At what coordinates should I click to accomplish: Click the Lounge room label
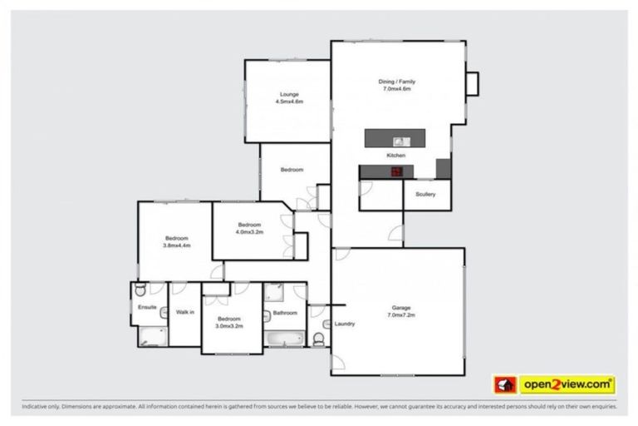click(x=289, y=98)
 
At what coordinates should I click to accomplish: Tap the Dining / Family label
click(x=397, y=85)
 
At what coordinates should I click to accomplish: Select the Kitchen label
click(x=395, y=156)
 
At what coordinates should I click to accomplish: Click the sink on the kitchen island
click(x=398, y=141)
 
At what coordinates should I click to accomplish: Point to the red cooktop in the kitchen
click(x=396, y=171)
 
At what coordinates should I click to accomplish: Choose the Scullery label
click(x=425, y=196)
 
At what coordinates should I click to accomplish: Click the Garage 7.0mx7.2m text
click(x=401, y=311)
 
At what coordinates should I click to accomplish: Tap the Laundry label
click(x=345, y=324)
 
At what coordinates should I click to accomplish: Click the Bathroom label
click(x=285, y=314)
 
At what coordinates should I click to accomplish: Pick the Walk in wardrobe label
click(x=184, y=313)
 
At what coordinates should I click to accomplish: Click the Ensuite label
click(x=147, y=307)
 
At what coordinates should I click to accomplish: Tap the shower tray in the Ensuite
click(x=150, y=337)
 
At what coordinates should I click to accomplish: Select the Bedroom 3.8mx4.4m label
click(x=176, y=242)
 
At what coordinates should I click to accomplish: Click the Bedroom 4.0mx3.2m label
click(x=249, y=228)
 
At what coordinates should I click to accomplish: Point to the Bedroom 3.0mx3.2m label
click(x=228, y=322)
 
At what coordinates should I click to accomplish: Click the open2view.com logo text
click(x=567, y=385)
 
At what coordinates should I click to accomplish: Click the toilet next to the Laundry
click(x=319, y=339)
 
